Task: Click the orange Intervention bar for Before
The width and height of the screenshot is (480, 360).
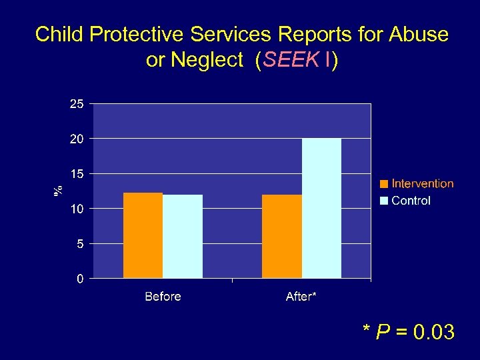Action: [143, 235]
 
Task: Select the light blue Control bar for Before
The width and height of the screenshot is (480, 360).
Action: [183, 237]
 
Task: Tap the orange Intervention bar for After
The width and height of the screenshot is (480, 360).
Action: [282, 237]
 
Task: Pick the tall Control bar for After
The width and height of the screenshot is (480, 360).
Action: [321, 208]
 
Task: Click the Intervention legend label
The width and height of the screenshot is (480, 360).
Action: [423, 184]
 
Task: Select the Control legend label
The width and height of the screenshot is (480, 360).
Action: [411, 201]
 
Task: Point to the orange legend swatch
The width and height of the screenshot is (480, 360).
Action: [385, 184]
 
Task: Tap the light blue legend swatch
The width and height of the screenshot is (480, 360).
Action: [385, 201]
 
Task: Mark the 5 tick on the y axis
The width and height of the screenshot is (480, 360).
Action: [79, 244]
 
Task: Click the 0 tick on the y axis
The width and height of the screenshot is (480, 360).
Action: [79, 279]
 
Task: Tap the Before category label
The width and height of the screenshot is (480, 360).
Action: [163, 297]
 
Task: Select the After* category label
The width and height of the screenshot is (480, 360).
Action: [301, 297]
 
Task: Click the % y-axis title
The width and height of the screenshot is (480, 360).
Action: [59, 191]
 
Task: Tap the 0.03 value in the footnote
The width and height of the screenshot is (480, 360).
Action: [434, 331]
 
